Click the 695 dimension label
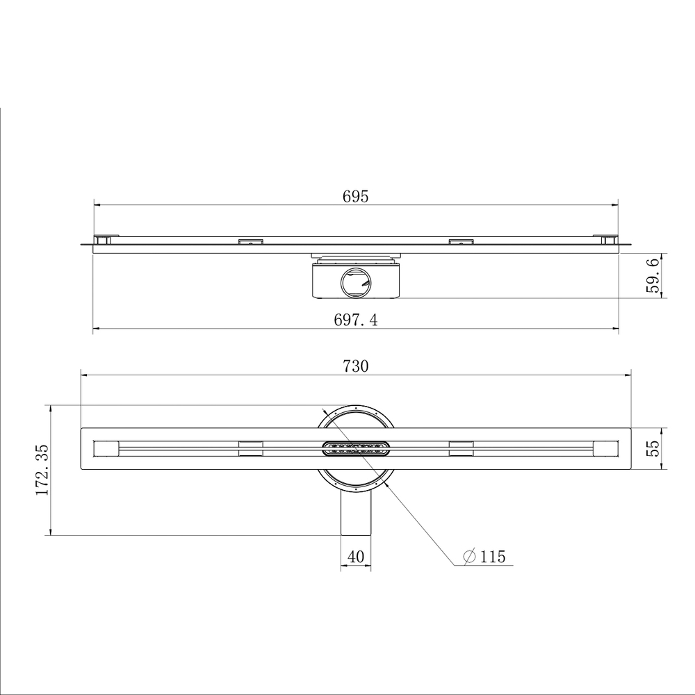click(x=355, y=197)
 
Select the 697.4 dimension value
click(x=356, y=320)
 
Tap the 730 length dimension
click(x=355, y=366)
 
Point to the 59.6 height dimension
click(x=653, y=276)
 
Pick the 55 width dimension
click(x=653, y=448)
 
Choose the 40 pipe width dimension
click(x=355, y=556)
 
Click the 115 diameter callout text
click(x=493, y=556)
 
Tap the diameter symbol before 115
click(x=469, y=556)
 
